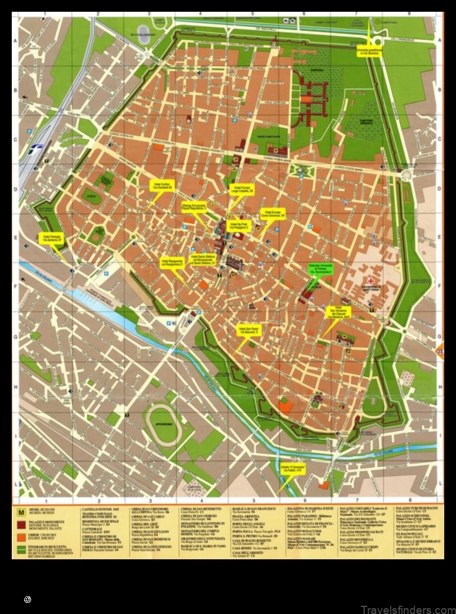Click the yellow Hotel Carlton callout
pyautogui.click(x=161, y=185)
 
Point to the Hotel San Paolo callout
pyautogui.click(x=249, y=331)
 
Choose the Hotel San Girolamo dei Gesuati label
pyautogui.click(x=338, y=312)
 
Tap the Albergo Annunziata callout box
pyautogui.click(x=194, y=206)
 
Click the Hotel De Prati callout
pyautogui.click(x=239, y=226)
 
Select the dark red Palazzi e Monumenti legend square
pyautogui.click(x=22, y=525)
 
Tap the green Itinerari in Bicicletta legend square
pyautogui.click(x=22, y=548)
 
